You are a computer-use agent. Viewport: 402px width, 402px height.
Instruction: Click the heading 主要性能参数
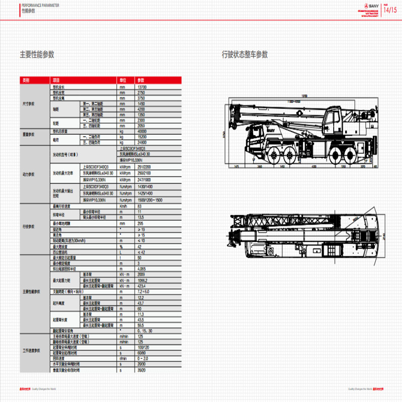[x=37, y=54]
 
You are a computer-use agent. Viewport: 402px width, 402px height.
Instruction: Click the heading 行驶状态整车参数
[x=245, y=54]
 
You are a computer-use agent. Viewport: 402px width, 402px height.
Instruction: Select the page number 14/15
[x=390, y=10]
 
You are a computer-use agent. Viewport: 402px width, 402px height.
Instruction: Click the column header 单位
[x=123, y=80]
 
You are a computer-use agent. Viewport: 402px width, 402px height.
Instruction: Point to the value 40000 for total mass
[x=143, y=131]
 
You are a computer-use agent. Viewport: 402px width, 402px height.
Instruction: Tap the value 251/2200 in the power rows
[x=144, y=166]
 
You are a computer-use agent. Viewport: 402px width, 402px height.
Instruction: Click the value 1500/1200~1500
[x=149, y=200]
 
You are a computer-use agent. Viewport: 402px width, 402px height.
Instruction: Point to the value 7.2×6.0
[x=144, y=291]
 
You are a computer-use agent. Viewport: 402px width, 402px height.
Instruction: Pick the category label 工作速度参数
[x=31, y=351]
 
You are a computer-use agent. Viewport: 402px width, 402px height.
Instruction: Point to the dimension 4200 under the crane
[x=314, y=166]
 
